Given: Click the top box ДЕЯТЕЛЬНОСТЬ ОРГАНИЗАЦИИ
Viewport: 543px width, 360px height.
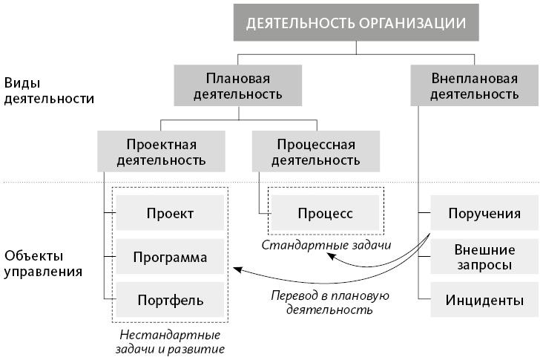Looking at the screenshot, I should pyautogui.click(x=356, y=23).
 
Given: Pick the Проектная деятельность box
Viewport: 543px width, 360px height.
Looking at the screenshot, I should pyautogui.click(x=161, y=150).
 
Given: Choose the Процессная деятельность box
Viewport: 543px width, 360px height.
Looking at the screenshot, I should pyautogui.click(x=315, y=150).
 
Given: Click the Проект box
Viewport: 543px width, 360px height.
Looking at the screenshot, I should pyautogui.click(x=170, y=214).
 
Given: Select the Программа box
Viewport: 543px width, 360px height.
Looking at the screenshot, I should pyautogui.click(x=170, y=258).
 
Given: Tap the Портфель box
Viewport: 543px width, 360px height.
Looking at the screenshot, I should pyautogui.click(x=170, y=301).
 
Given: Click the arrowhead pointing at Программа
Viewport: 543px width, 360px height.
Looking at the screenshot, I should pyautogui.click(x=236, y=268).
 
